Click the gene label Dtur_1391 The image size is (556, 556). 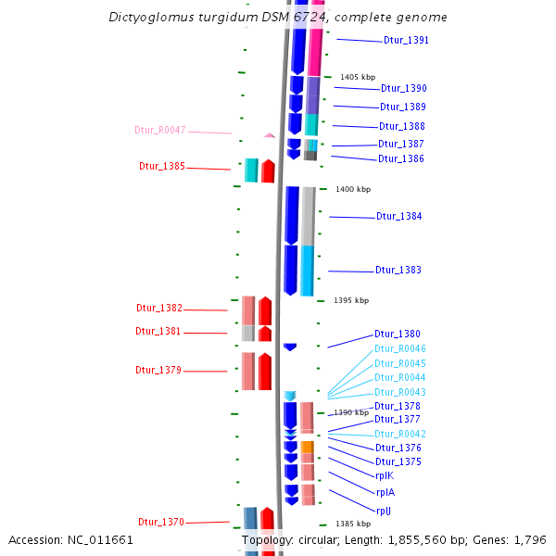click(x=406, y=41)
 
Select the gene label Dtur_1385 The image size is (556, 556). click(x=162, y=167)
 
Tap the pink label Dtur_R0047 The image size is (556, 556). click(x=160, y=130)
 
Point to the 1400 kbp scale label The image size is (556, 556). click(x=352, y=189)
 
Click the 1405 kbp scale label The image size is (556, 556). click(x=358, y=77)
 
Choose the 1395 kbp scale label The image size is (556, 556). click(x=351, y=300)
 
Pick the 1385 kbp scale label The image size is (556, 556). click(x=353, y=524)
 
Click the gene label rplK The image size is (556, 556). click(x=385, y=475)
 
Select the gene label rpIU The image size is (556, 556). click(x=384, y=511)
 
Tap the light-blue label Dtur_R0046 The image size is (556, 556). click(x=399, y=348)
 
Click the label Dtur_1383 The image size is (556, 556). click(x=398, y=271)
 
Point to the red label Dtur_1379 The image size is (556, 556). click(x=158, y=370)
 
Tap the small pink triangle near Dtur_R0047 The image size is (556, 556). click(x=269, y=135)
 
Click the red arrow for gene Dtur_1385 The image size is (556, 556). click(x=268, y=171)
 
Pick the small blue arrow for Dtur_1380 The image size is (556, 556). click(x=290, y=347)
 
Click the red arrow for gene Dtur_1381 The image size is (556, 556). click(x=265, y=334)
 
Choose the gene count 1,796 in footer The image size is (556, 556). click(x=529, y=539)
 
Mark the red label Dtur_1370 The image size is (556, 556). click(x=161, y=522)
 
